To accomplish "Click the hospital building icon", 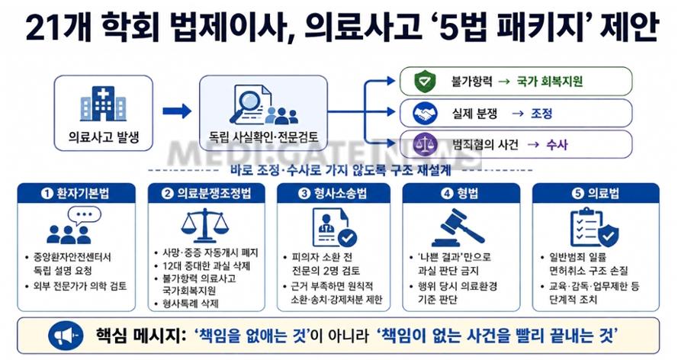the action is [103, 104].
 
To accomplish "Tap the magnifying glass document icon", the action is [263, 104].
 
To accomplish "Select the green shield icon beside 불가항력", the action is [425, 82].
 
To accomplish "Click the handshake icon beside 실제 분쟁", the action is [425, 114].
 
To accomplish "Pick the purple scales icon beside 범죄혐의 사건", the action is [425, 144].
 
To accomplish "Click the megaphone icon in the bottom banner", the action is [66, 336].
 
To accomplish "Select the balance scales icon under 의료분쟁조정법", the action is [204, 225].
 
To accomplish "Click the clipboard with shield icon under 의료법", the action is [595, 227].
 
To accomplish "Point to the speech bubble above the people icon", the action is [85, 215].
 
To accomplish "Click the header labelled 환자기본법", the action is [76, 193].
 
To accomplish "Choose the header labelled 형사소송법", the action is [333, 193].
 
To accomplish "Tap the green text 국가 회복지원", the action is [550, 82].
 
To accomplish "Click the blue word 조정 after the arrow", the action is [541, 114].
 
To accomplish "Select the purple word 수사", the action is [557, 144].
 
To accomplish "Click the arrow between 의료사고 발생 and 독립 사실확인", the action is [177, 111].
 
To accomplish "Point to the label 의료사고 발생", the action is [104, 137].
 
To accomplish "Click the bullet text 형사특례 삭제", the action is [191, 304].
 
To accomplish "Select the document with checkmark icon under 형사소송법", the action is [334, 227].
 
